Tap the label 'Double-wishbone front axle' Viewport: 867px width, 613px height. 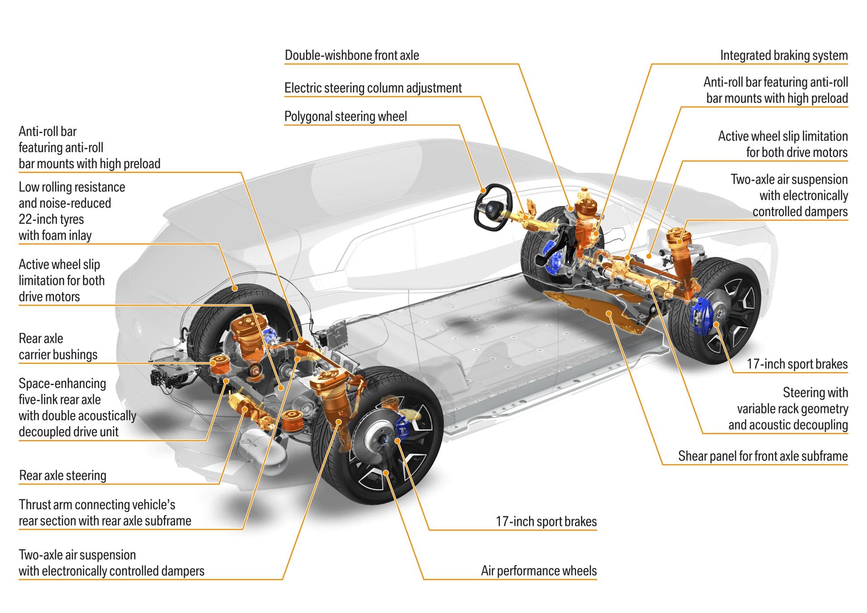[352, 56]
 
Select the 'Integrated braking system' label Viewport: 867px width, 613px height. [783, 56]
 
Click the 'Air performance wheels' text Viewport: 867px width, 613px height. [539, 571]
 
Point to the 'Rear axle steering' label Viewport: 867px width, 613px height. [63, 476]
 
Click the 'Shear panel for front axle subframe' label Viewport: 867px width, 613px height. [762, 456]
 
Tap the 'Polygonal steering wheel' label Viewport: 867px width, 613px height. [345, 116]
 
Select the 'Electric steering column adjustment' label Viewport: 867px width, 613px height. [373, 88]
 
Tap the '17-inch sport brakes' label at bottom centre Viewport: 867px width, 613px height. [546, 521]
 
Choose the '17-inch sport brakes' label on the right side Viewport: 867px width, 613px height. [797, 364]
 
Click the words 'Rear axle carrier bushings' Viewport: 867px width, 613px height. [57, 347]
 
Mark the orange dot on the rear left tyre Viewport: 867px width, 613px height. [235, 288]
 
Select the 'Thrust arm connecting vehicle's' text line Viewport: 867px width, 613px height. [97, 505]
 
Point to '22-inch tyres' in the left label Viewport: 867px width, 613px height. [51, 219]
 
